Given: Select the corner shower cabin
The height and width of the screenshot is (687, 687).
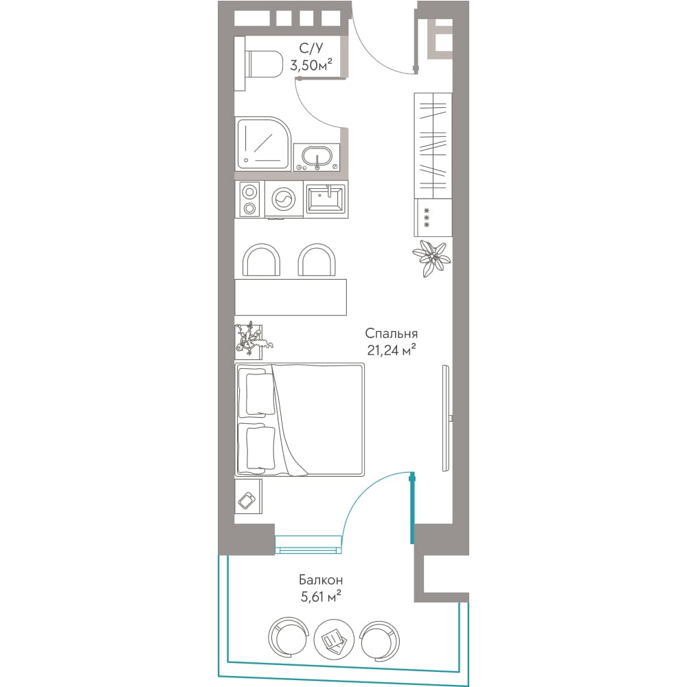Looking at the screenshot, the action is [263, 144].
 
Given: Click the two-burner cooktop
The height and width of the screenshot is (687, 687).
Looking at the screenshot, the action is [249, 200].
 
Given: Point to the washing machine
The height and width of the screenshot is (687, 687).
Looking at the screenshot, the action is [284, 200].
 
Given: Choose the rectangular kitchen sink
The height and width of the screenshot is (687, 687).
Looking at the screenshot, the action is [326, 199].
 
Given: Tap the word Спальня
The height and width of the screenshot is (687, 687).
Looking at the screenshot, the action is [392, 333].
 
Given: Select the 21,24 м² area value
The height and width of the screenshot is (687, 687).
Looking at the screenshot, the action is [392, 350].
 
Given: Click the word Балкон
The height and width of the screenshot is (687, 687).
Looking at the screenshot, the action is [321, 580].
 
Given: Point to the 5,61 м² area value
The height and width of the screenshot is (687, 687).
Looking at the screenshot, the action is [321, 597].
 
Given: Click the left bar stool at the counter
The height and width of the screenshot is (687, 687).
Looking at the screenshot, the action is [261, 260].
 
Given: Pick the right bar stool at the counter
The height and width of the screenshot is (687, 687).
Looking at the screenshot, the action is [317, 260].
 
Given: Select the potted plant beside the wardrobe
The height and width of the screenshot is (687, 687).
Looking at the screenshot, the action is [431, 258].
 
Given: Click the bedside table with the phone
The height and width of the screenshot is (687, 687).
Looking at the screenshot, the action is [249, 497].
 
